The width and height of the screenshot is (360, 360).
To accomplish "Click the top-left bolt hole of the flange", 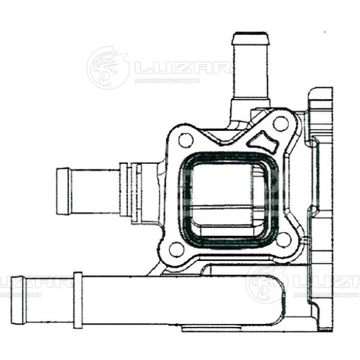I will [x=186, y=140].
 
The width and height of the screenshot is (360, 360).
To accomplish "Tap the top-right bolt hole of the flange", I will [x=281, y=124].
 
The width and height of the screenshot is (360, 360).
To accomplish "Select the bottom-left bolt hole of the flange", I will [x=176, y=249].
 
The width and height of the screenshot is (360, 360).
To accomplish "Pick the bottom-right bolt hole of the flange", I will [x=283, y=239].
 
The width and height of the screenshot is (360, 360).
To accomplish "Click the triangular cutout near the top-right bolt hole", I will [x=265, y=142].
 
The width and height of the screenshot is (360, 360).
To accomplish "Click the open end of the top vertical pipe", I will [x=250, y=37].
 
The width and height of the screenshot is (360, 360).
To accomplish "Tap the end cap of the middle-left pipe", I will [x=63, y=191].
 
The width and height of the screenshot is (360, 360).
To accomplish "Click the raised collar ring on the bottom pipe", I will [x=78, y=299].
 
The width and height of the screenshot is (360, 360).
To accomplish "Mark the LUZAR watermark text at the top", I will [x=182, y=67].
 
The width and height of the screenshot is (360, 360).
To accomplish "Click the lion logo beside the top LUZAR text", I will [x=108, y=67].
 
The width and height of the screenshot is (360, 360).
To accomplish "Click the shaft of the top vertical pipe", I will [x=249, y=73].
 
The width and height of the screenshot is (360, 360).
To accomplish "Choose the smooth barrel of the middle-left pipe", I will [x=95, y=191].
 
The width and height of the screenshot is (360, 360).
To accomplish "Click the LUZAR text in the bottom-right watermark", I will [x=326, y=282].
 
